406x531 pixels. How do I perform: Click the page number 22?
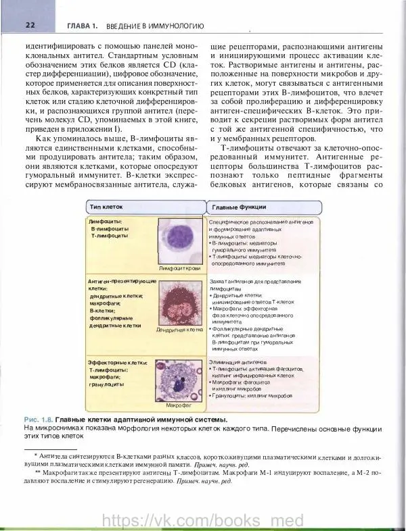[12, 25]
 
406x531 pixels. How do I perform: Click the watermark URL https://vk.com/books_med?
[202, 520]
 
